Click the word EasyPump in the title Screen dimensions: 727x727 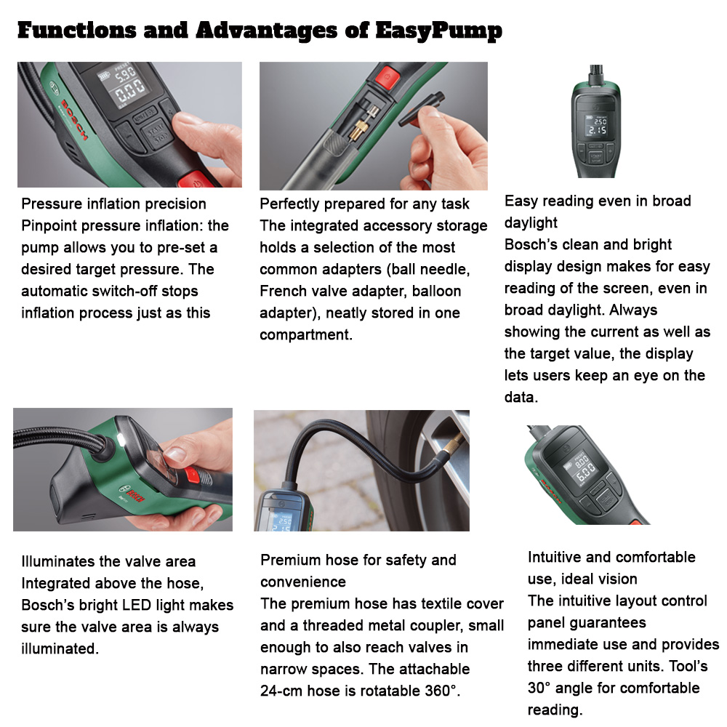click(440, 31)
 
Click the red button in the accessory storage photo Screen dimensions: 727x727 click(387, 75)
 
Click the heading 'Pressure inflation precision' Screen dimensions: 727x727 click(113, 204)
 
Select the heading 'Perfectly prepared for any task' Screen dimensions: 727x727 click(365, 204)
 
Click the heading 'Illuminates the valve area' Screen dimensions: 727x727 click(108, 561)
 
